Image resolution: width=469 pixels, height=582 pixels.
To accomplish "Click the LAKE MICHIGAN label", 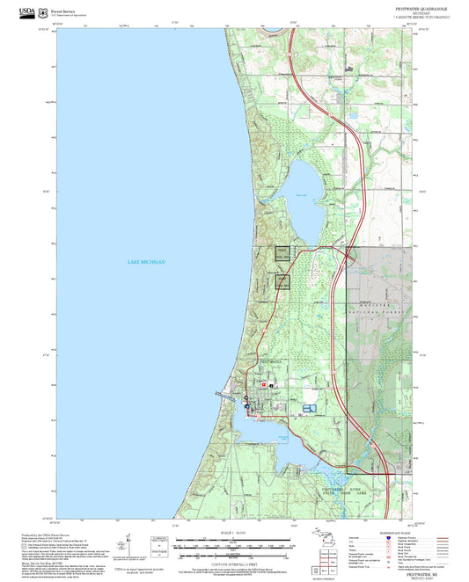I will click(x=146, y=263).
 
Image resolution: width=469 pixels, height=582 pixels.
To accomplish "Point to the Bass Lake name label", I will click(x=302, y=194).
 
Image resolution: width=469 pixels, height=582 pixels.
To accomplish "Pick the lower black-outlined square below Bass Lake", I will click(x=283, y=281).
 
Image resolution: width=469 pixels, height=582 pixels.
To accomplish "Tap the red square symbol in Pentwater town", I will click(x=261, y=384).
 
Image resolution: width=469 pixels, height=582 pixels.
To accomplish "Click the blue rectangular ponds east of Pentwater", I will click(x=307, y=408).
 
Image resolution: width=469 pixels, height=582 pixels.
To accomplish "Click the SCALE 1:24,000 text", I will click(x=234, y=533).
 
